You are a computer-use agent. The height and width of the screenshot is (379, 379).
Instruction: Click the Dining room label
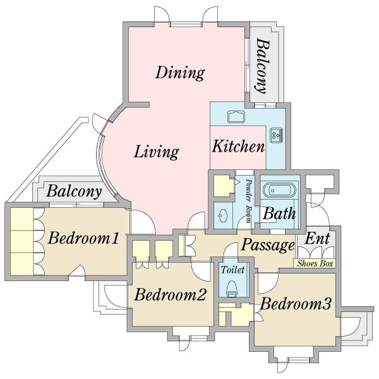(x=180, y=73)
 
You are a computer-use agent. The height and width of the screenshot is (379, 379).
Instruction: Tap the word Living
(x=157, y=152)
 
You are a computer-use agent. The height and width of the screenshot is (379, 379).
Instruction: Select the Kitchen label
(x=238, y=147)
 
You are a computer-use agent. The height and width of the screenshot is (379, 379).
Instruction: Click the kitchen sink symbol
(x=236, y=116)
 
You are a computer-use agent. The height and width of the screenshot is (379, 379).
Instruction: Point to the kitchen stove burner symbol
(x=277, y=135)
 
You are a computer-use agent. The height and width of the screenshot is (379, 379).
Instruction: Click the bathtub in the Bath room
(x=279, y=191)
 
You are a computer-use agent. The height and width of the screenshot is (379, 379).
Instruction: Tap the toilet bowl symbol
(x=232, y=289)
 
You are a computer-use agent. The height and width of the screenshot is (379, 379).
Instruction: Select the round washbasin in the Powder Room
(x=223, y=215)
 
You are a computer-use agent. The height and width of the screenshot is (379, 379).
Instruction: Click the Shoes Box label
(x=315, y=263)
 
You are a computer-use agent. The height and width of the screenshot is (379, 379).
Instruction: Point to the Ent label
(x=317, y=239)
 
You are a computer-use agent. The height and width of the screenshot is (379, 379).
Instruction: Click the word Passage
(x=268, y=245)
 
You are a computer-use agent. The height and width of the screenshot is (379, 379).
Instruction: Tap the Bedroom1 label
(x=83, y=238)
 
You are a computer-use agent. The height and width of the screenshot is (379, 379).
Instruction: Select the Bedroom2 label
(x=170, y=294)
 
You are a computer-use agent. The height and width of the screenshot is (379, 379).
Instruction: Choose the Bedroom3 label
(x=296, y=303)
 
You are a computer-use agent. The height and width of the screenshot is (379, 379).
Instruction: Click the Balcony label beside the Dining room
(x=263, y=66)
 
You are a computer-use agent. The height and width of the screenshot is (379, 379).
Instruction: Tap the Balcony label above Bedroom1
(x=74, y=191)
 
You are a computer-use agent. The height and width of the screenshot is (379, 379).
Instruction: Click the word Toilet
(x=232, y=270)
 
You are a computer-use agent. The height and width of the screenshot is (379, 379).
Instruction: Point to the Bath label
(x=279, y=214)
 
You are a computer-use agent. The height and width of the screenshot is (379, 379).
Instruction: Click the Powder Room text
(x=249, y=201)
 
